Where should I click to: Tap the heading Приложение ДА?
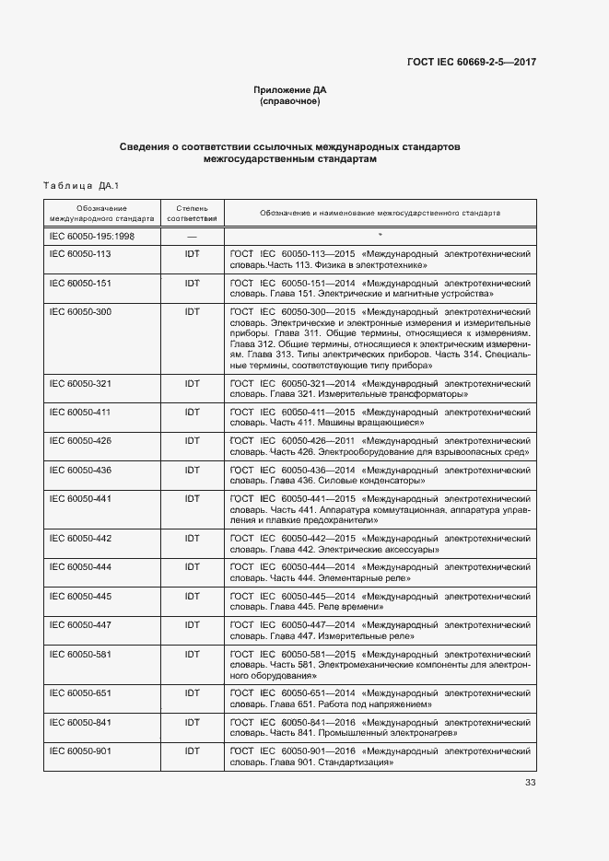[x=290, y=89]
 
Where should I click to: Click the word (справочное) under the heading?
[x=290, y=101]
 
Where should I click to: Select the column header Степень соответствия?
[x=192, y=214]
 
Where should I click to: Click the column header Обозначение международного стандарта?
[x=101, y=214]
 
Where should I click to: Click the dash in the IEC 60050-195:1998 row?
[x=192, y=237]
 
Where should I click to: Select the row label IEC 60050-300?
[x=80, y=312]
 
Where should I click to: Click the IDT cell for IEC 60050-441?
[x=192, y=498]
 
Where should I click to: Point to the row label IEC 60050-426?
[x=80, y=440]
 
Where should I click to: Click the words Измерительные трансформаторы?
[x=392, y=394]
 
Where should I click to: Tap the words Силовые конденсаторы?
[x=370, y=481]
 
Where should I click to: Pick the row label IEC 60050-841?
[x=80, y=722]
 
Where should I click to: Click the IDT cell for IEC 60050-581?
[x=192, y=654]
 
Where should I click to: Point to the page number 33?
[x=530, y=783]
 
